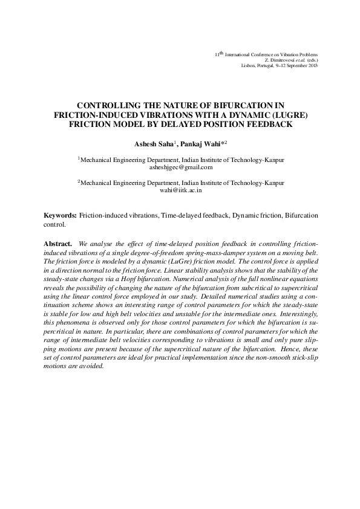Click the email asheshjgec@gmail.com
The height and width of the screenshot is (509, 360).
181,167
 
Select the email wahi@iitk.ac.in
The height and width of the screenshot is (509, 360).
181,189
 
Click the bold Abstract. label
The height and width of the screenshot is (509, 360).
59,242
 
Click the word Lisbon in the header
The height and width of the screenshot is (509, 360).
249,65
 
